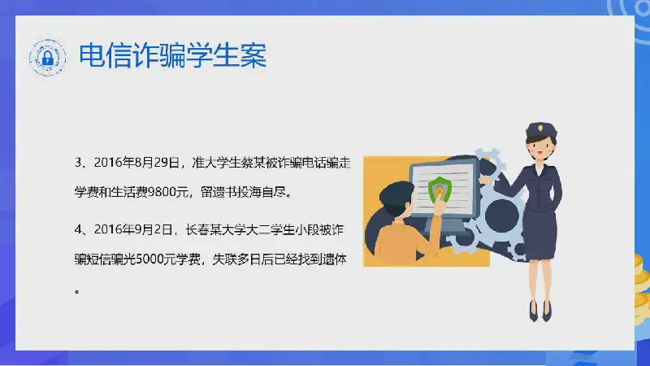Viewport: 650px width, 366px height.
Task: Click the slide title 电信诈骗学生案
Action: click(172, 55)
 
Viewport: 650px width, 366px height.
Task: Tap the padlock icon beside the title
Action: click(48, 58)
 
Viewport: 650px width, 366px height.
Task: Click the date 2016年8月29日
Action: click(136, 163)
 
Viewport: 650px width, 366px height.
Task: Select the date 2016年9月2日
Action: click(132, 229)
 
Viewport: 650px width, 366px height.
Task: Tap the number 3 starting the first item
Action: click(78, 163)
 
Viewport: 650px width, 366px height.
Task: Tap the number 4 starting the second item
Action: click(78, 229)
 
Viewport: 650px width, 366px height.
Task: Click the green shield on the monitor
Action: click(439, 190)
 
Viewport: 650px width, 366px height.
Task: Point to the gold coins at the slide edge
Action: click(642, 282)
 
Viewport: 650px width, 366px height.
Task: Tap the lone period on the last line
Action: click(77, 292)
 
